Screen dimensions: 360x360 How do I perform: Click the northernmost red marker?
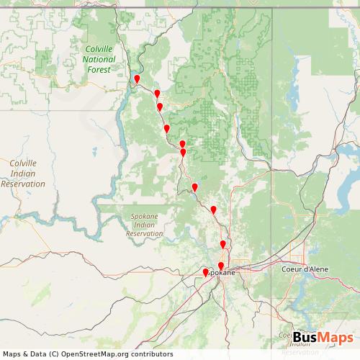[x=137, y=79]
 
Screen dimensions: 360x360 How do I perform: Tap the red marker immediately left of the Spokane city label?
[x=205, y=273]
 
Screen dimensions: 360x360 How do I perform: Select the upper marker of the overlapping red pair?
[x=182, y=145]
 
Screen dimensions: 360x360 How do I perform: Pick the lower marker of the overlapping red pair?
[x=183, y=153]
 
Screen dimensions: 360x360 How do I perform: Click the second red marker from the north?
[x=157, y=94]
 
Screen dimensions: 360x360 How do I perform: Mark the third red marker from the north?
[x=160, y=107]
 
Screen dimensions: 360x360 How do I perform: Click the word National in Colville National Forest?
[x=98, y=60]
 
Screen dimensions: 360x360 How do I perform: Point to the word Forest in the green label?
[x=98, y=70]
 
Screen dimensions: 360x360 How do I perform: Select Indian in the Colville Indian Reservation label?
[x=23, y=174]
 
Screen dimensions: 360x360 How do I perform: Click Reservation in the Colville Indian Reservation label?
[x=23, y=184]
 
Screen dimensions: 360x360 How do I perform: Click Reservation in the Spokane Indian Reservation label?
[x=150, y=234]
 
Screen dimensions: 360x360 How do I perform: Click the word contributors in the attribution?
[x=153, y=354]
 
